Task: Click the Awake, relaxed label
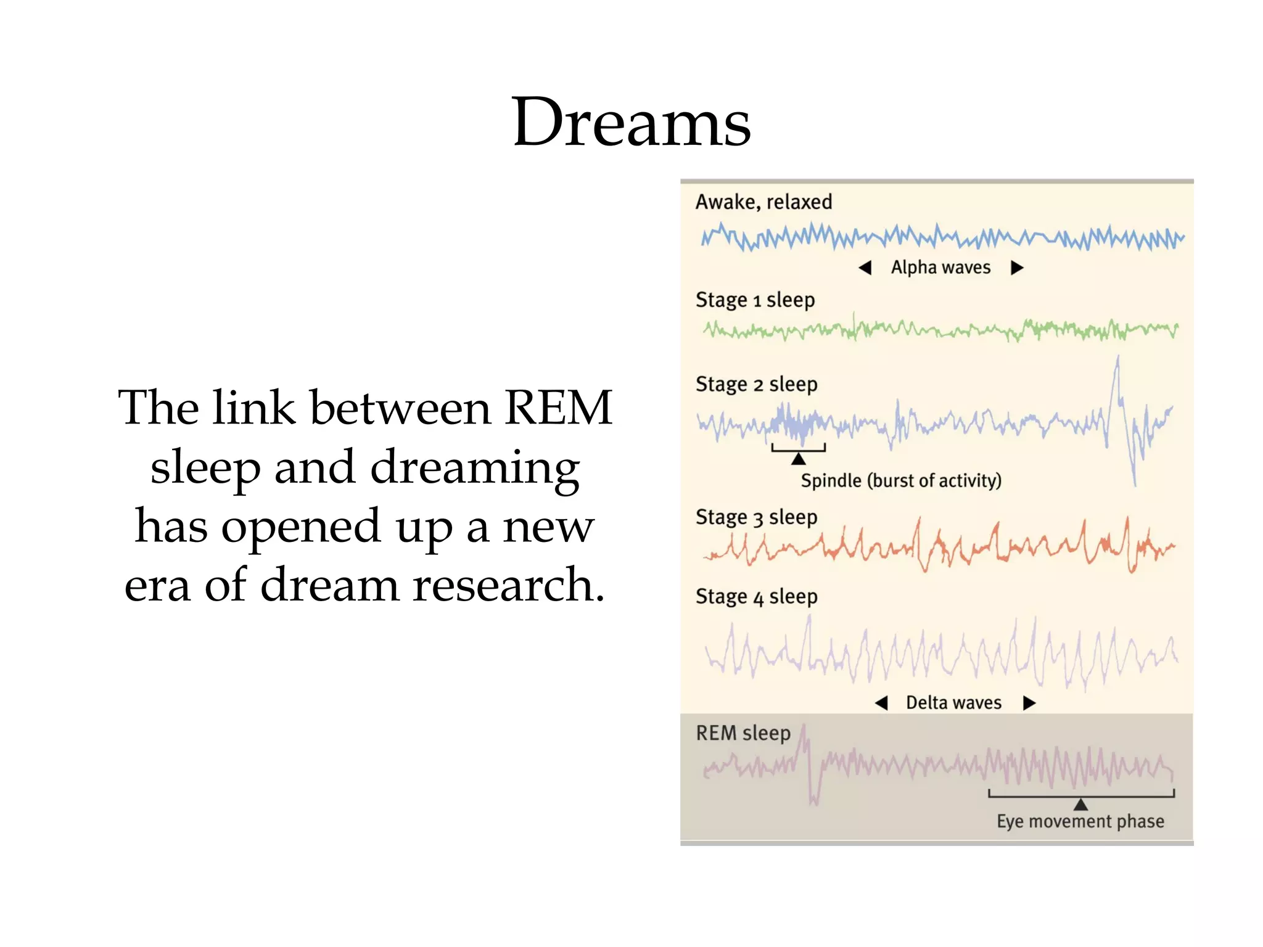click(763, 202)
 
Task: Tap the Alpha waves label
click(940, 268)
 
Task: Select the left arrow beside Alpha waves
click(865, 268)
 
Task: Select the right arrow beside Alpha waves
click(1017, 268)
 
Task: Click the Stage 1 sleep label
click(755, 300)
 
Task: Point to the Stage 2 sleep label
click(756, 385)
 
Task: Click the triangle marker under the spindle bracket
click(799, 459)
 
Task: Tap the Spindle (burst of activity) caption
click(901, 481)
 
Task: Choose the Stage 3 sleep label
click(756, 517)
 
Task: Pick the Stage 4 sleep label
click(756, 597)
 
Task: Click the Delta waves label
click(953, 703)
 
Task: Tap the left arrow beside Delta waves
click(882, 703)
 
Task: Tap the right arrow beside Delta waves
click(1029, 703)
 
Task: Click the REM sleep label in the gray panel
click(743, 734)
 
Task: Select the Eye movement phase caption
click(1080, 821)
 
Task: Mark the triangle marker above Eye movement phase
click(1080, 805)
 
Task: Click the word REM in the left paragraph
click(558, 408)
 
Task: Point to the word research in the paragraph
click(509, 584)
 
